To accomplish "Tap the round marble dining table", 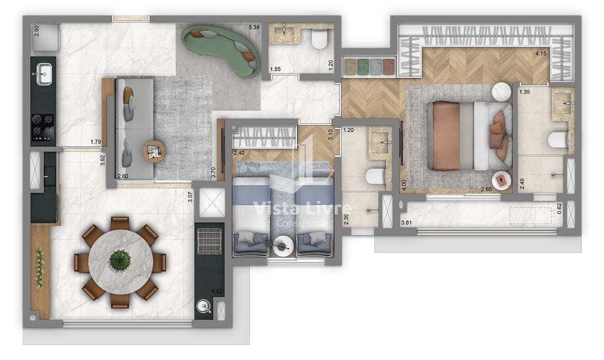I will [120, 260].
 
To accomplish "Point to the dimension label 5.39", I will [254, 27].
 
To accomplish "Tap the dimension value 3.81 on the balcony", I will [407, 224].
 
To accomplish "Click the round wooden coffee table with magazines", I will [154, 152].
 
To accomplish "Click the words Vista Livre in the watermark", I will [301, 209].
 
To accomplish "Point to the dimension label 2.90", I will [36, 30].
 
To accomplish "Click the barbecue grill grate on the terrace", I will [209, 240].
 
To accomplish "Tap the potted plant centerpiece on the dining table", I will [120, 258].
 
